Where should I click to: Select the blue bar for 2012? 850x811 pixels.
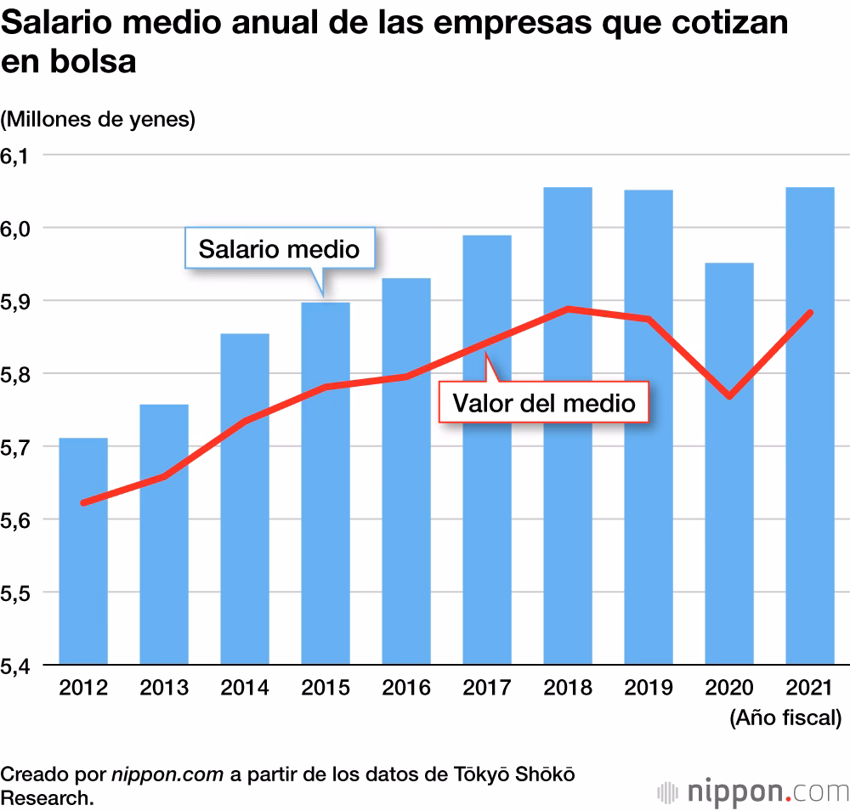click(x=82, y=578)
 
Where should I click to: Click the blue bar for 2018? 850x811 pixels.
click(x=568, y=510)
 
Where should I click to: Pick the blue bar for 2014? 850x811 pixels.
click(x=245, y=544)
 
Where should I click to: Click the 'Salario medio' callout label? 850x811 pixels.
click(x=279, y=248)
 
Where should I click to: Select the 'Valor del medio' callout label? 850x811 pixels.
click(x=544, y=401)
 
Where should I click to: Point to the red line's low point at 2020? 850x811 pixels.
click(x=729, y=396)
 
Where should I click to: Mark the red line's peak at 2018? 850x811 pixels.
click(x=568, y=309)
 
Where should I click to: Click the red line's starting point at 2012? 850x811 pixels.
click(x=83, y=502)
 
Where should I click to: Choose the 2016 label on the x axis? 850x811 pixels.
click(x=406, y=688)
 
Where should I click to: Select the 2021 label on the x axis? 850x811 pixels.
click(x=810, y=688)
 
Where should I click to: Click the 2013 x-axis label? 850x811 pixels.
click(x=164, y=688)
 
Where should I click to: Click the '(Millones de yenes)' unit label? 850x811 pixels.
click(x=98, y=120)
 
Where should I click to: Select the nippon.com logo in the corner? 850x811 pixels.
click(x=753, y=791)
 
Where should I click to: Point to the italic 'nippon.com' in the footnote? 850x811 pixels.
click(x=167, y=774)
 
